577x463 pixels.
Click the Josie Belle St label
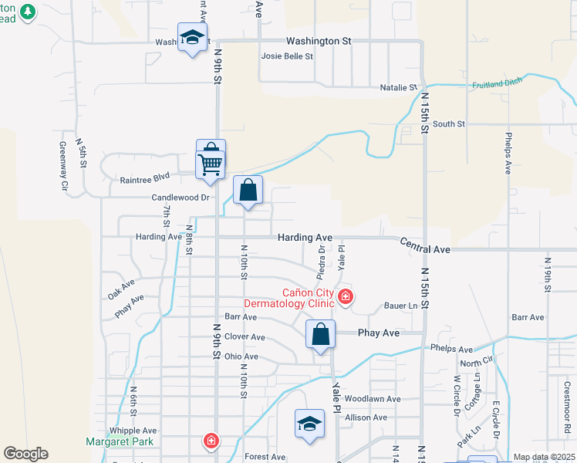287,56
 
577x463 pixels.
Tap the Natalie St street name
398,88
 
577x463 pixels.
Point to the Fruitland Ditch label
498,83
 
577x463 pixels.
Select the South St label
448,123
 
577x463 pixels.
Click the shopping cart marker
211,161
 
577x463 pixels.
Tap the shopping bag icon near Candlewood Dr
248,191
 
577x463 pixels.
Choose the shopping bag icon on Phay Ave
321,335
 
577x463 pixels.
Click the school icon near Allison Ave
310,424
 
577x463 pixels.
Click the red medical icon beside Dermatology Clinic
346,296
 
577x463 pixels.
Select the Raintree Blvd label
144,180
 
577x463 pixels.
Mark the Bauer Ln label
401,306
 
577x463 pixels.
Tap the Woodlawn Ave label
373,399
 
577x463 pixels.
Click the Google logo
25,454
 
